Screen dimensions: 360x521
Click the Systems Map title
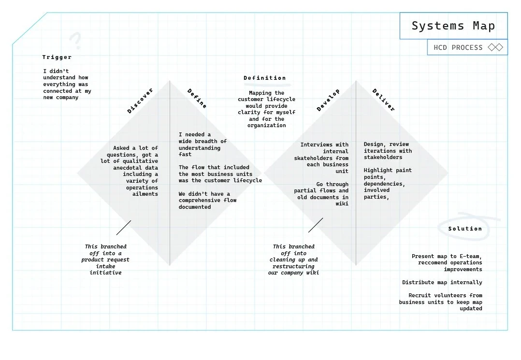click(453, 26)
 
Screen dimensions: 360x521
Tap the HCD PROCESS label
click(458, 47)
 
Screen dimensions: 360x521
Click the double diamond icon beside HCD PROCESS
click(495, 47)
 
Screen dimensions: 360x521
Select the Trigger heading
click(57, 58)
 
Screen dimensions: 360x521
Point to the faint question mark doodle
click(75, 41)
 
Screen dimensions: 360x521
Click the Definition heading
click(264, 78)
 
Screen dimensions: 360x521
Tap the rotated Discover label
click(140, 101)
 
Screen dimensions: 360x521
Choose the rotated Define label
click(197, 99)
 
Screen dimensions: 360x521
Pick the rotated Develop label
click(328, 100)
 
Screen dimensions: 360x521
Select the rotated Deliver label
click(384, 100)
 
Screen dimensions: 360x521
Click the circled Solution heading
click(465, 229)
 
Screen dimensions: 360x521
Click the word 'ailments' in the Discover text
click(145, 194)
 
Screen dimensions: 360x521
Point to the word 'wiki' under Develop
click(342, 203)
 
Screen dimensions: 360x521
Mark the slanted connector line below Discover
click(124, 228)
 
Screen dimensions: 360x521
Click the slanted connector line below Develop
click(316, 225)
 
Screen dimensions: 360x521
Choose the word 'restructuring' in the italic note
click(293, 266)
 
